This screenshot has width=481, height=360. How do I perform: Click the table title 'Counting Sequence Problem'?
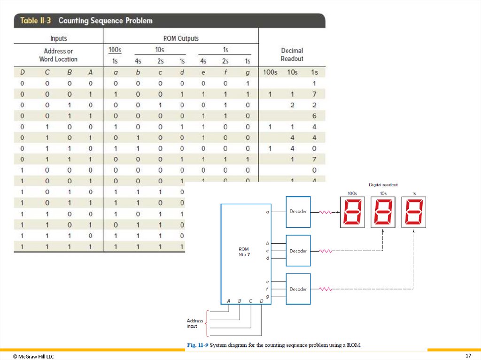point(105,21)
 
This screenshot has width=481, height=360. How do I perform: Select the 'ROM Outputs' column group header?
point(180,38)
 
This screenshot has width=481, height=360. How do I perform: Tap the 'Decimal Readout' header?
point(292,54)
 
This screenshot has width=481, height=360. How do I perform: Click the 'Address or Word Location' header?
point(58,55)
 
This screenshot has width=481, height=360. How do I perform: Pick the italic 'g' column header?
point(248,73)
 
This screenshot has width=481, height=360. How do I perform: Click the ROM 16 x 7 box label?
point(243,251)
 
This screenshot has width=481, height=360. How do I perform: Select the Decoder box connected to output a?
point(298,212)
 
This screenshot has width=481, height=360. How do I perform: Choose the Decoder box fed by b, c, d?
point(298,251)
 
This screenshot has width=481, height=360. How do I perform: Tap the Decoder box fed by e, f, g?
point(298,289)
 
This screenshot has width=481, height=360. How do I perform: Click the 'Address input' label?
point(195,323)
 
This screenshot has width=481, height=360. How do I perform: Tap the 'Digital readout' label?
point(383,185)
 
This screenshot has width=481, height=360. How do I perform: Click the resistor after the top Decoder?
point(325,212)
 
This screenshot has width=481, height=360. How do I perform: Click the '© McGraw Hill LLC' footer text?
point(33,357)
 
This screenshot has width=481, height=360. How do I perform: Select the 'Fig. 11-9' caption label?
point(197,345)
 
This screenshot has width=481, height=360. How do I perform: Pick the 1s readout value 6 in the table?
point(314,116)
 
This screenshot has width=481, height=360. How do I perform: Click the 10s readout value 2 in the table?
point(292,105)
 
